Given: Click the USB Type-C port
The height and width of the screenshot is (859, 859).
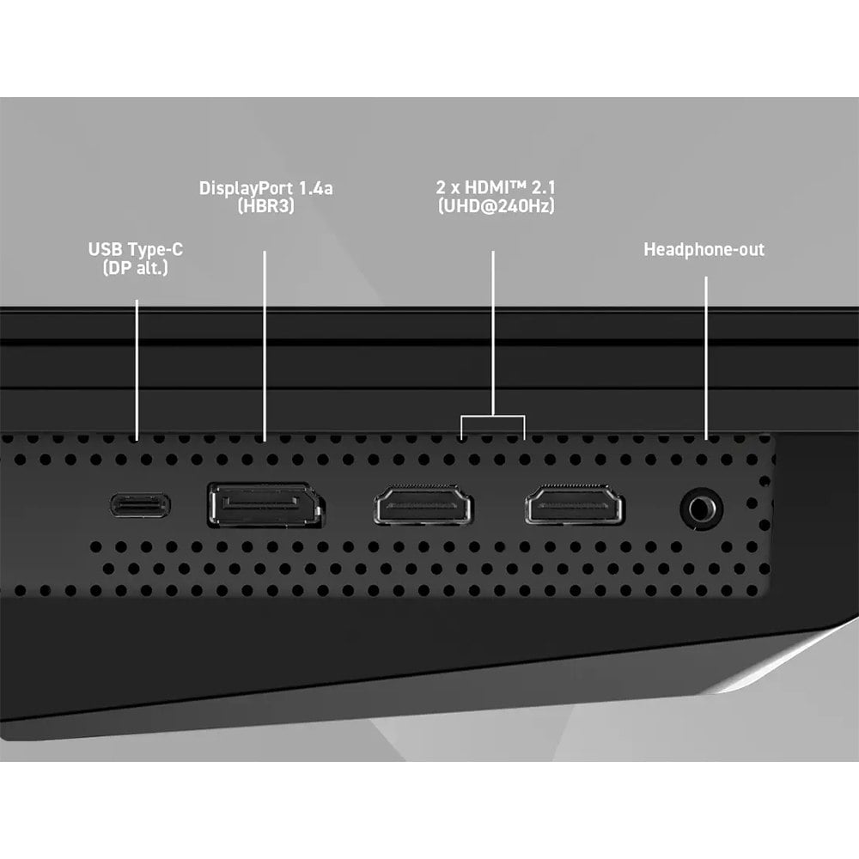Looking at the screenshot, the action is click(x=140, y=505).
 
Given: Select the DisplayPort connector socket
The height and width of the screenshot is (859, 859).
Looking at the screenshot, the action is click(x=266, y=505).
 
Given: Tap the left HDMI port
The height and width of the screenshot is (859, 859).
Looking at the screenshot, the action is click(x=423, y=504).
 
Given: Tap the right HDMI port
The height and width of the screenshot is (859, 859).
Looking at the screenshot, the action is click(x=574, y=504).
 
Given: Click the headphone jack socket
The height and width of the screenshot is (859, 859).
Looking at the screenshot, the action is click(x=701, y=509).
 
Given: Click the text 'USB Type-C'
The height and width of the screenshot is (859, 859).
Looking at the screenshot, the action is click(x=136, y=249).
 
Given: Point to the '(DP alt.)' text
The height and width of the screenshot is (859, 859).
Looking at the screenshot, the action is click(x=136, y=267).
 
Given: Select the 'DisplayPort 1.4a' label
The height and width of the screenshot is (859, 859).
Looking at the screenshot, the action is click(x=265, y=188).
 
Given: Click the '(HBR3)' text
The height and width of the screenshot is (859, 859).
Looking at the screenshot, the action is click(x=265, y=206).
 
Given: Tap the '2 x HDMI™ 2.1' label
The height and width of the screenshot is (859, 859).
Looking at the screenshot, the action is click(x=496, y=187).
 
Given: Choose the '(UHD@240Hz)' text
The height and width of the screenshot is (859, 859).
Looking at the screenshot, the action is click(x=496, y=206).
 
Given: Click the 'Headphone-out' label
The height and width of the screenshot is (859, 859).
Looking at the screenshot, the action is click(x=704, y=249).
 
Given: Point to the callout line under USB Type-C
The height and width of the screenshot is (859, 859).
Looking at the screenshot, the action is click(x=137, y=369).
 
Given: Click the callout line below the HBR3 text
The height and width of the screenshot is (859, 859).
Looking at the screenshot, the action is click(x=265, y=346).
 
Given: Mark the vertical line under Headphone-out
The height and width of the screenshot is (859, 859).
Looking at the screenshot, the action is click(x=706, y=358).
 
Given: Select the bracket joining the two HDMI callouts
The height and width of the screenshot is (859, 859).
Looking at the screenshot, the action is click(x=493, y=417).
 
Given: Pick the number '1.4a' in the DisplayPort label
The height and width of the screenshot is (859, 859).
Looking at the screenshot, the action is click(x=315, y=188).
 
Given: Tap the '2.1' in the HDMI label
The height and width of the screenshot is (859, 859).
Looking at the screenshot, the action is click(x=544, y=187).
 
